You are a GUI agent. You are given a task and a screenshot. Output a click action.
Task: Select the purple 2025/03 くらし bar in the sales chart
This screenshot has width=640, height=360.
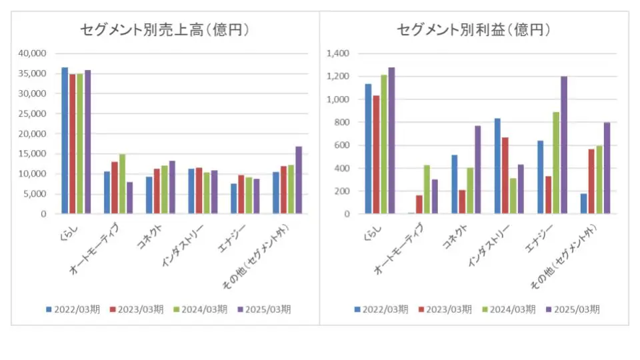pyautogui.click(x=87, y=142)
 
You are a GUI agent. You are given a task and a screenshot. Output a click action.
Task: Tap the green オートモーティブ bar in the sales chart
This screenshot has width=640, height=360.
pyautogui.click(x=122, y=184)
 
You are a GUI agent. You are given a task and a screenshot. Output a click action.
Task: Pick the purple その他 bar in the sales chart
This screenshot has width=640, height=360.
pyautogui.click(x=299, y=180)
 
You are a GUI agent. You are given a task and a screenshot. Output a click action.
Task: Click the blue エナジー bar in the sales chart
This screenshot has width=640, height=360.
pyautogui.click(x=233, y=199)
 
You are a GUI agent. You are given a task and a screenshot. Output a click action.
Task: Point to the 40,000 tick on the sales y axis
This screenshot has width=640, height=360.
pyautogui.click(x=33, y=53)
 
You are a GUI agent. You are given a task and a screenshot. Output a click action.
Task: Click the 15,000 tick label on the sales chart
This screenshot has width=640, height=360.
pyautogui.click(x=33, y=154)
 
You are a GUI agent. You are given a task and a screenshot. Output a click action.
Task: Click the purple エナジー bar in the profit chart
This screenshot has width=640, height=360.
pyautogui.click(x=563, y=145)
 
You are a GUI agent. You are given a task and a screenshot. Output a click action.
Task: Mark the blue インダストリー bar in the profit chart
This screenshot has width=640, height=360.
pyautogui.click(x=497, y=166)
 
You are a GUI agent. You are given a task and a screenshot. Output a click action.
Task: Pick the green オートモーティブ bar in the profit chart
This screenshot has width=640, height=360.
pyautogui.click(x=427, y=189)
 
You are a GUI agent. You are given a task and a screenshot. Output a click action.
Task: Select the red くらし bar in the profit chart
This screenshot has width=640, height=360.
pyautogui.click(x=376, y=155)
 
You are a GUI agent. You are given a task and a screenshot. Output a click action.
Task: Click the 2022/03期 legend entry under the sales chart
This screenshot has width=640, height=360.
pyautogui.click(x=73, y=309)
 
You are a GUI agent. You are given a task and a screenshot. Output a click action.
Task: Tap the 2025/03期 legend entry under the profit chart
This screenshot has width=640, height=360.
pyautogui.click(x=573, y=309)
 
